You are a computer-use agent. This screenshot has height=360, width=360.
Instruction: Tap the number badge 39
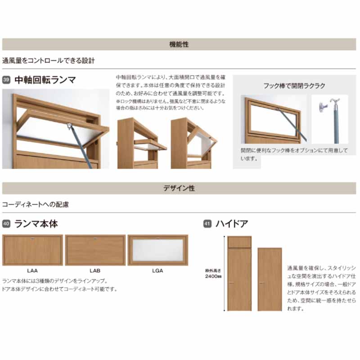[6, 81]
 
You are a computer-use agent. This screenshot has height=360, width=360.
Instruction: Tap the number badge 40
[6, 224]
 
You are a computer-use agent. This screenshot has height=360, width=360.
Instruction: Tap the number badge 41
[207, 224]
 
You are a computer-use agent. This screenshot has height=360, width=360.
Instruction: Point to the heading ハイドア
[232, 224]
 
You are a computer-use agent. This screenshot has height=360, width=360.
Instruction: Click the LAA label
[32, 271]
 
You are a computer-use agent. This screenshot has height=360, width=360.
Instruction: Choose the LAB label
[94, 271]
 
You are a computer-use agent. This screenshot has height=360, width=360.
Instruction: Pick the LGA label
[157, 271]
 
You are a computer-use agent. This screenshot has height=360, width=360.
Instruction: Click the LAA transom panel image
[32, 250]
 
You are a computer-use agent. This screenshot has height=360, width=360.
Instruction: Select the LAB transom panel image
[95, 250]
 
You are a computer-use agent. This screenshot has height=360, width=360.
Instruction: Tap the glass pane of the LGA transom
[157, 251]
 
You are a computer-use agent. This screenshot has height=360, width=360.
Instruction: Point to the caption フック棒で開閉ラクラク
[294, 85]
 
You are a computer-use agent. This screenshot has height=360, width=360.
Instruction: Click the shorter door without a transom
[270, 279]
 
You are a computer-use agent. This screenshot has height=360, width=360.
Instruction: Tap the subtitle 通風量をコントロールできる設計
[49, 60]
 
